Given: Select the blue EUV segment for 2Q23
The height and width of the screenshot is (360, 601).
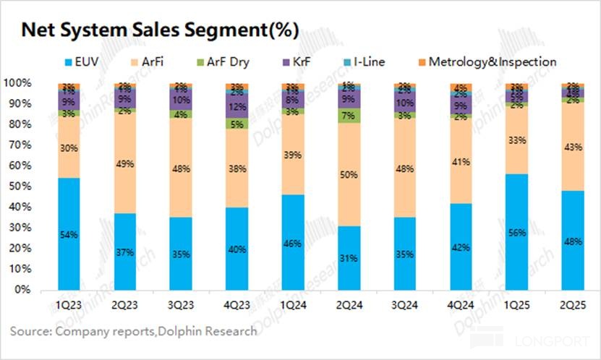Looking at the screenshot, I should [126, 252].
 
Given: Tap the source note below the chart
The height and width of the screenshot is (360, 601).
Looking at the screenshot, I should [133, 332].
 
